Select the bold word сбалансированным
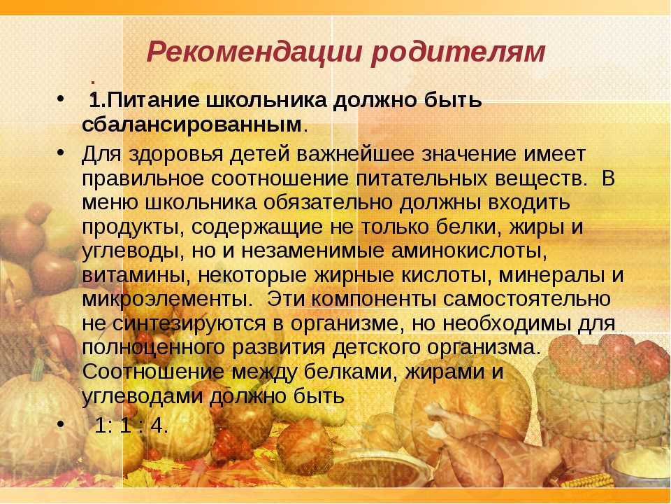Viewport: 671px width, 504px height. tap(192, 125)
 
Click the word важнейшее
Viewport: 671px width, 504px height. tap(355, 154)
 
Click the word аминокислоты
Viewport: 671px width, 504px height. tap(469, 251)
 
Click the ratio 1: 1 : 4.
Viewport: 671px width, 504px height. tap(131, 425)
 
